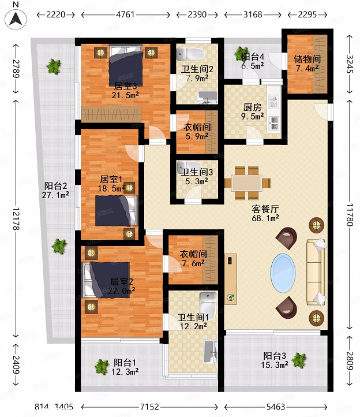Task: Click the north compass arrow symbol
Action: (16, 18)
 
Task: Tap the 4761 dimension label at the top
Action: (125, 14)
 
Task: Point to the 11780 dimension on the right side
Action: (350, 215)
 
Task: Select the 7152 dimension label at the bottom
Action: (149, 407)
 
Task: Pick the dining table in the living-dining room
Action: (247, 183)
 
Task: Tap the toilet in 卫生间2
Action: (190, 54)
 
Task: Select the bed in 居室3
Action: (126, 65)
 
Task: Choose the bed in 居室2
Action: (107, 280)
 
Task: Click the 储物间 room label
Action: (307, 59)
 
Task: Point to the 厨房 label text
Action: (252, 107)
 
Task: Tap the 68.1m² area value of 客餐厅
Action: (265, 218)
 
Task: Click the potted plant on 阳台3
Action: (299, 360)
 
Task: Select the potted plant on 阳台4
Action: (241, 54)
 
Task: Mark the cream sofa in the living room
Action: (316, 271)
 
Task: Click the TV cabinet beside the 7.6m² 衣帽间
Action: (231, 279)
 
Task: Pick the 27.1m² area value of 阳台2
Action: (55, 195)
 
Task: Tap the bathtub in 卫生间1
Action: (211, 352)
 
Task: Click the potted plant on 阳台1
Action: (102, 367)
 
